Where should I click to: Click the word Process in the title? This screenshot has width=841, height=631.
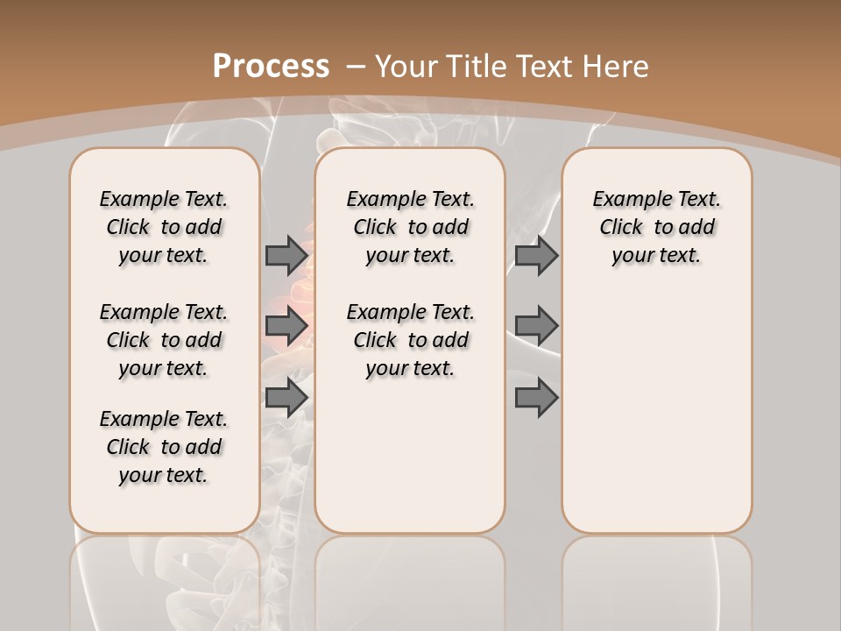[x=271, y=67]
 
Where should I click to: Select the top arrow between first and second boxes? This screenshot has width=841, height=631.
[x=286, y=255]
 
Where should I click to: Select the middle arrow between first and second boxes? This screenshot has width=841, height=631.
[x=286, y=327]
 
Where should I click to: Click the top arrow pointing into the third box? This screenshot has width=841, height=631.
[x=536, y=255]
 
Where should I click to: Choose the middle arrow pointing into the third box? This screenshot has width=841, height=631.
[x=536, y=327]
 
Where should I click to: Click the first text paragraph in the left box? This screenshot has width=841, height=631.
[x=164, y=227]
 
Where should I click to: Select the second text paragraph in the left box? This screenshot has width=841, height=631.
[x=164, y=340]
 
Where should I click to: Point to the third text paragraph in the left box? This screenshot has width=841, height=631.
[x=164, y=447]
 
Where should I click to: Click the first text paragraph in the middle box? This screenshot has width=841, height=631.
[x=411, y=227]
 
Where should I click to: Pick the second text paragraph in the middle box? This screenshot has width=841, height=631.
[x=411, y=340]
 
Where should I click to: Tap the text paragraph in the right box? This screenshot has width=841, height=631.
[x=657, y=227]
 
